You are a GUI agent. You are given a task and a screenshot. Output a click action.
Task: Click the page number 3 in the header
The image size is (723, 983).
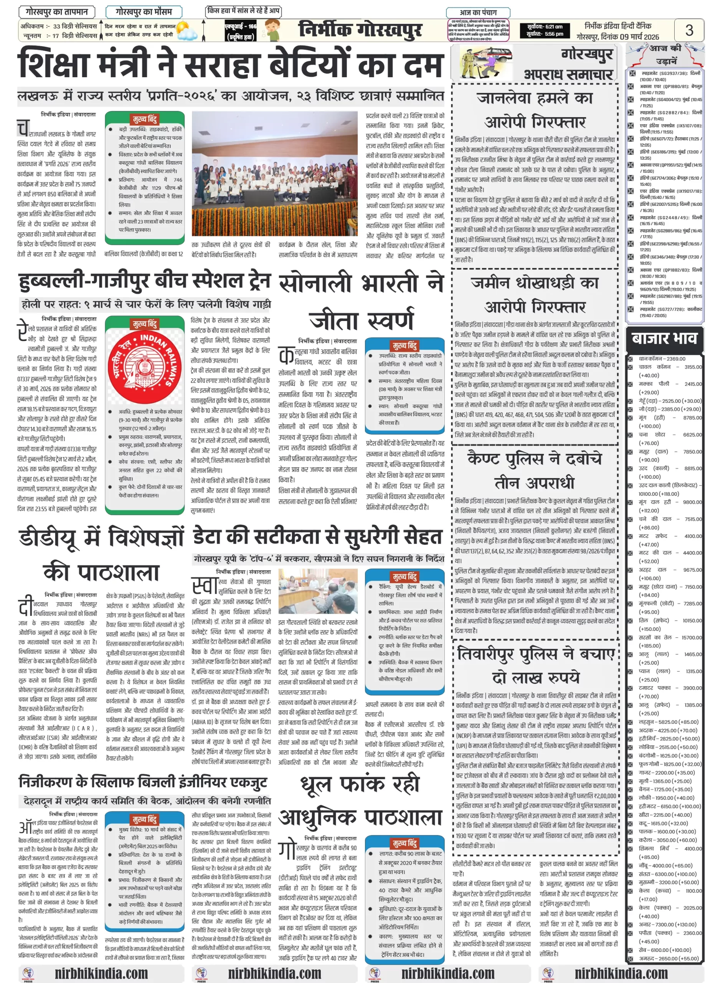tap(689, 30)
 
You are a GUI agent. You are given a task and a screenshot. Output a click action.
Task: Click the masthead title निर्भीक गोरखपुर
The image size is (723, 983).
tap(360, 31)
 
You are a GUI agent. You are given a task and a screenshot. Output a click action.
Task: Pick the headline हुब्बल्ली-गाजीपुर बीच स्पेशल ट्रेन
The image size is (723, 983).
tap(144, 281)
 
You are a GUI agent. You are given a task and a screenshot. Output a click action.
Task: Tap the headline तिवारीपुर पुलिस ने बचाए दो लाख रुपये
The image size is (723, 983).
tap(536, 666)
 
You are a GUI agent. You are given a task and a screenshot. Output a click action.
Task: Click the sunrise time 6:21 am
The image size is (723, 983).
tap(545, 27)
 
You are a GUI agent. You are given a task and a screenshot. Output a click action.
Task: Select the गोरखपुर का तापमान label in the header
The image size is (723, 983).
tap(57, 12)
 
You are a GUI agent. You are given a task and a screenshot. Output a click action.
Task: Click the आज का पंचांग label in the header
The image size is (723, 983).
tap(478, 13)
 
